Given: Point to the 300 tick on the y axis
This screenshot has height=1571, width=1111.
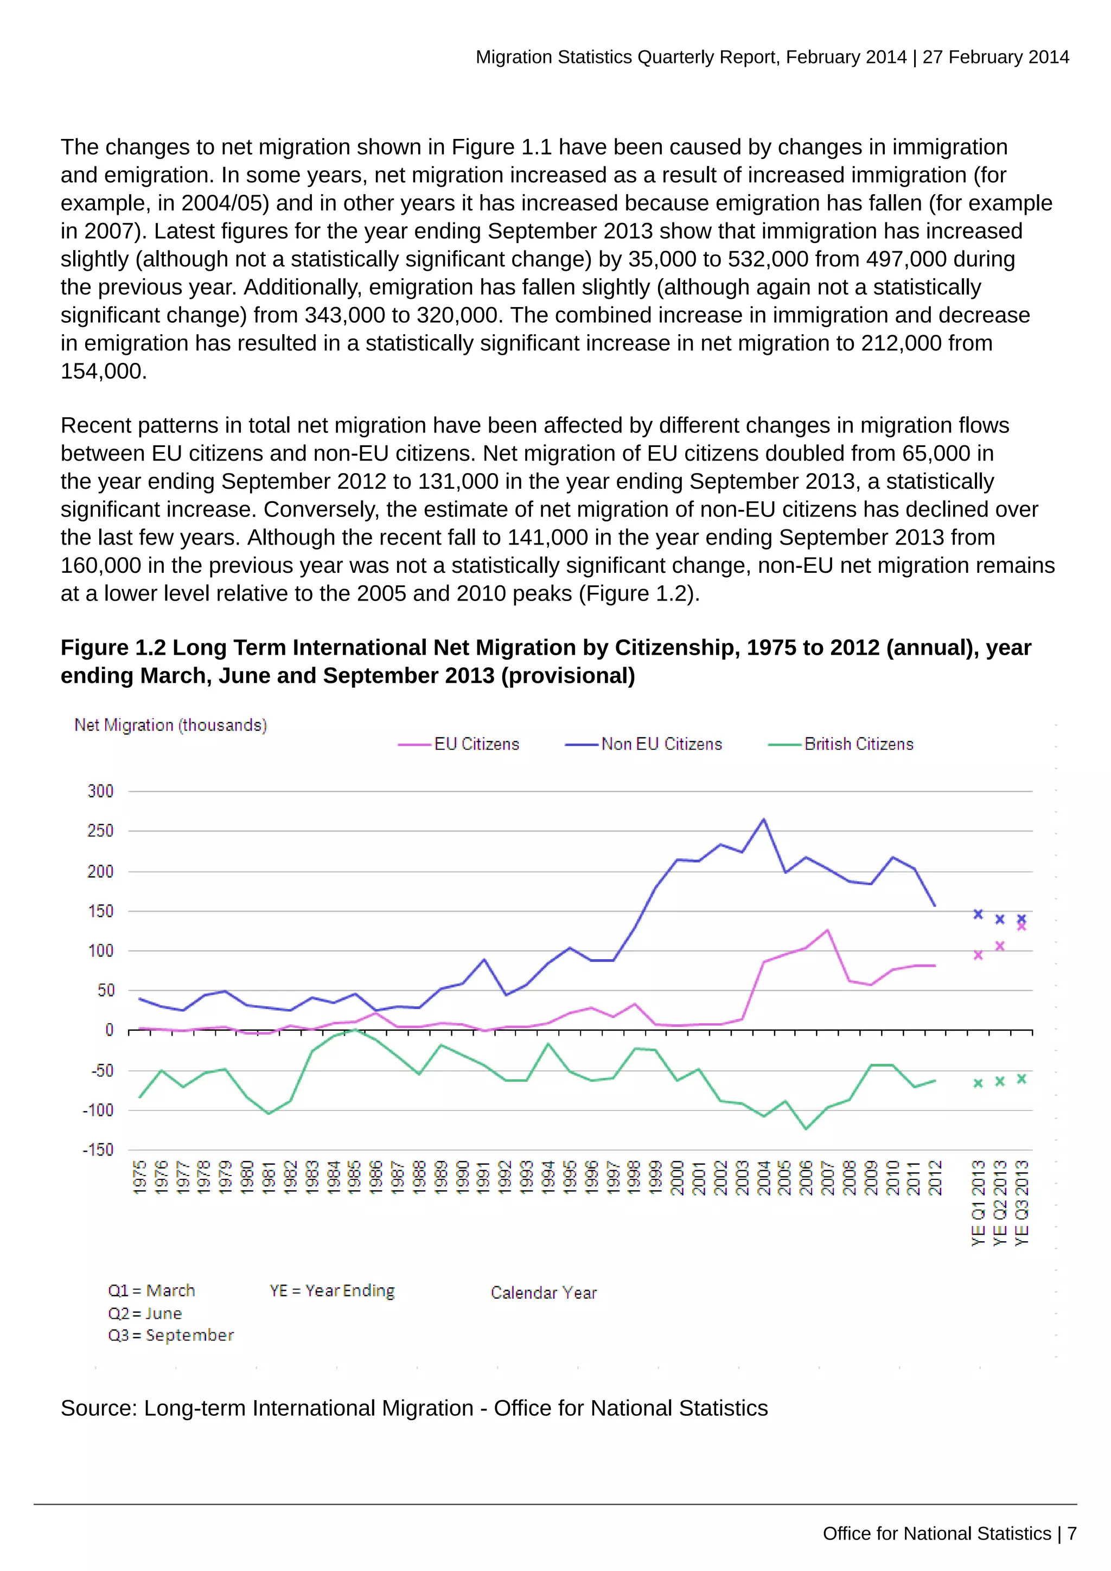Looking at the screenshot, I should [100, 791].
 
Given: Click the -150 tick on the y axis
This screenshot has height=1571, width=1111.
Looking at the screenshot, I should [98, 1150].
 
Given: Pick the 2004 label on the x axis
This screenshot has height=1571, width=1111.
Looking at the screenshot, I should [763, 1178].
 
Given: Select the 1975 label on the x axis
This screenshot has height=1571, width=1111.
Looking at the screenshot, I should [139, 1178].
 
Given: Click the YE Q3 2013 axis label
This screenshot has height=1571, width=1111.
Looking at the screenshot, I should [1021, 1203].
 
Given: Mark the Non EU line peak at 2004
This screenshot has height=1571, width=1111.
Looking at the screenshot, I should [763, 819].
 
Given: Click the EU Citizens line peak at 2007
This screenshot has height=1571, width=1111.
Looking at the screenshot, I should [828, 930].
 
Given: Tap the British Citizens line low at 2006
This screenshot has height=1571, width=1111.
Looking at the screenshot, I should [806, 1129].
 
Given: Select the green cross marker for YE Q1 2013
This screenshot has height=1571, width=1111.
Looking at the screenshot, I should [978, 1083].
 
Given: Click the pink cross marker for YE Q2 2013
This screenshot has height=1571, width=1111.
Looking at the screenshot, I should [999, 946].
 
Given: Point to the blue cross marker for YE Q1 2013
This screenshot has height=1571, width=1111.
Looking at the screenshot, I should [978, 914].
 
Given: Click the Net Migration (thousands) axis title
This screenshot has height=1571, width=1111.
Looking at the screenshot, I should [170, 725].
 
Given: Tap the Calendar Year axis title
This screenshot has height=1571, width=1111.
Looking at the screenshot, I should [544, 1293].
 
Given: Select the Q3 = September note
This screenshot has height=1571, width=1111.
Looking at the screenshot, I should [171, 1335].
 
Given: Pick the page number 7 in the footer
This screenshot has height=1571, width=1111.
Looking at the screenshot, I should [1072, 1534].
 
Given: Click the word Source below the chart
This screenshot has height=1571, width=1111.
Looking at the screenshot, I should [99, 1408].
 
